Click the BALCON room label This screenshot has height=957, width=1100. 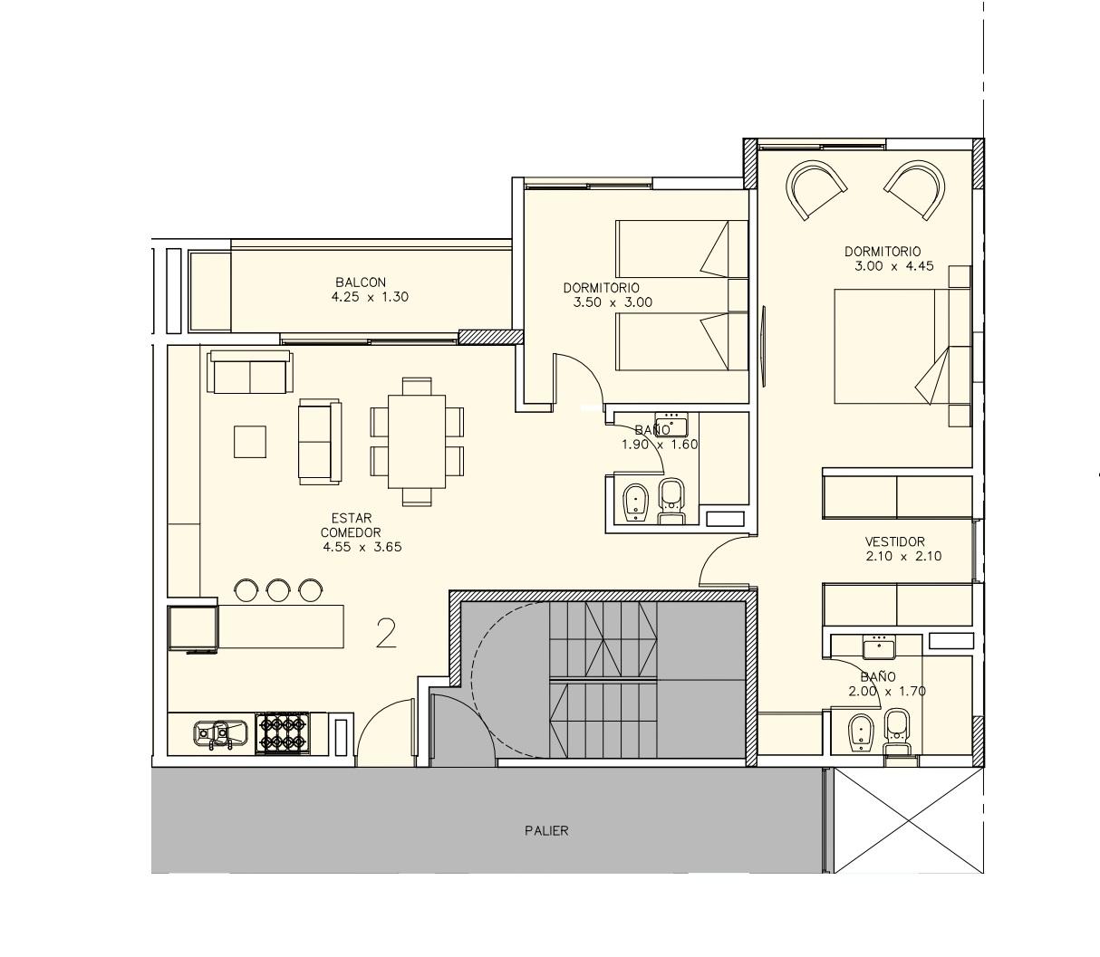pos(361,282)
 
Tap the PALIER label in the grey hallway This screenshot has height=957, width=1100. pos(546,831)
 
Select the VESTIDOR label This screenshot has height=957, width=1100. pos(894,541)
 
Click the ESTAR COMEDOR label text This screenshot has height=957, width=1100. pos(352,525)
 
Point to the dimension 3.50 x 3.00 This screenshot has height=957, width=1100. pos(613,302)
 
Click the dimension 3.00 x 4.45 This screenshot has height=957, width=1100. pos(894,266)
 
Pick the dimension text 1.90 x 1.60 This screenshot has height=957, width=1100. pos(660,445)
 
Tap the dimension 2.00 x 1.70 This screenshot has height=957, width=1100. pos(887,692)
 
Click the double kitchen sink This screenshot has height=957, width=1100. pos(220,734)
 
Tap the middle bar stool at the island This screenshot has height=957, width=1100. pos(278,590)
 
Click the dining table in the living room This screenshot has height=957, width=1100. pos(417,442)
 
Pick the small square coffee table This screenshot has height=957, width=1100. pos(250,442)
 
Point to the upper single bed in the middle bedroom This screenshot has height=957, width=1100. pos(681,249)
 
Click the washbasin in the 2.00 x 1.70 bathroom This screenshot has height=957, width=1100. pos(879,647)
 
